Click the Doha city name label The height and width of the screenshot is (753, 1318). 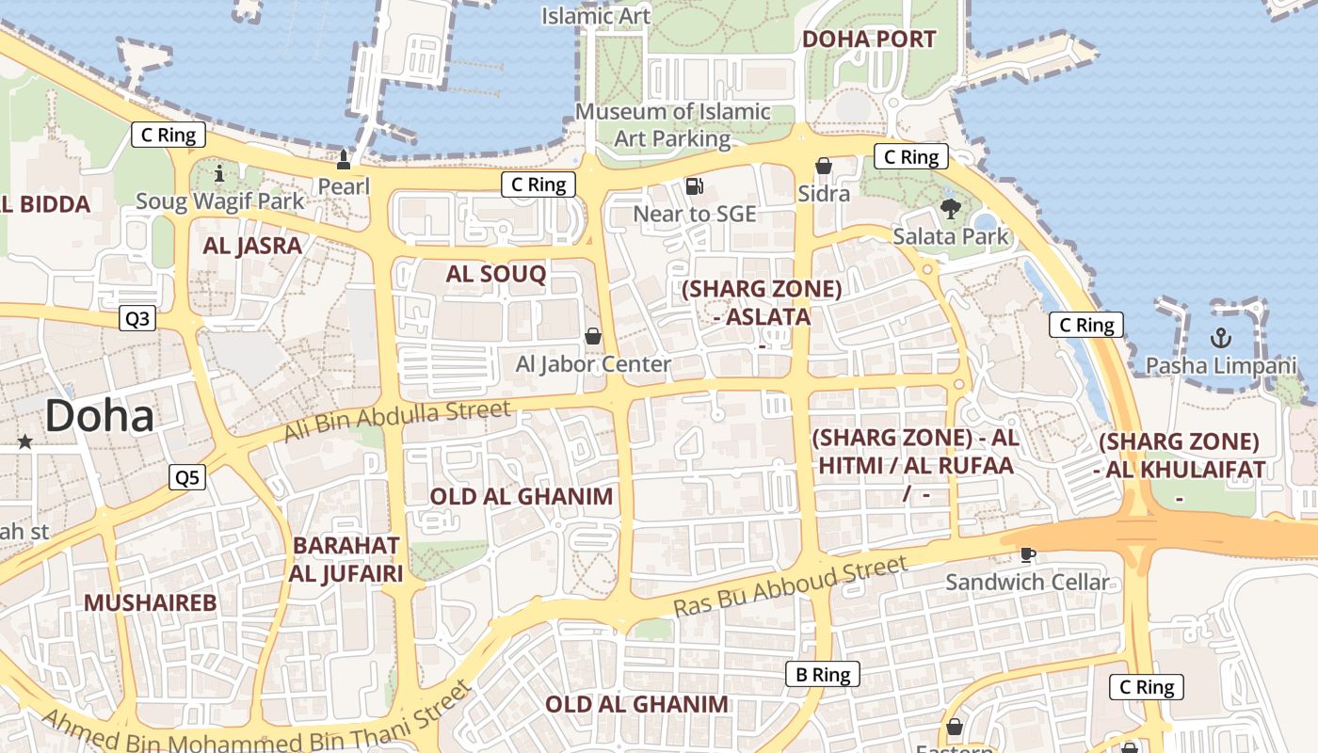99,416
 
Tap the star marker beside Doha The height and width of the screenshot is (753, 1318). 24,441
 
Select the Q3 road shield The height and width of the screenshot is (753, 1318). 137,319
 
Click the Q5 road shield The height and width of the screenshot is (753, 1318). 187,478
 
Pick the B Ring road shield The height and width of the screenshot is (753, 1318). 823,674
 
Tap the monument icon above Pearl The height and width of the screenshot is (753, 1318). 343,159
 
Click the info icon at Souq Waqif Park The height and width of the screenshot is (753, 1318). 220,173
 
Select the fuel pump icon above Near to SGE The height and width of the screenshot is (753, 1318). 694,186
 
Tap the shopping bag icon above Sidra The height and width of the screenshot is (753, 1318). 824,167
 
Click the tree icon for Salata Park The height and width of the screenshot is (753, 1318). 950,208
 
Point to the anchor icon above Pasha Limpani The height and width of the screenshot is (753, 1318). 1221,337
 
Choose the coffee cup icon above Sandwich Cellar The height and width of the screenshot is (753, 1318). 1027,554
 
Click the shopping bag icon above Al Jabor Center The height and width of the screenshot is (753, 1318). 593,335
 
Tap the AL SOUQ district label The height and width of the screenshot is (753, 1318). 496,274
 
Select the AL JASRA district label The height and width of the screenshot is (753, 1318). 253,246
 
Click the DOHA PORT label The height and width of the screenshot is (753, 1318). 868,39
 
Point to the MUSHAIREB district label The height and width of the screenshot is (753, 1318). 151,602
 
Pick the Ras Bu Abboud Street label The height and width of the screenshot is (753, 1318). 791,586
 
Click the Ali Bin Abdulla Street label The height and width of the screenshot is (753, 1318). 397,421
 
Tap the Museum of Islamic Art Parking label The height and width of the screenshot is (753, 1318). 672,124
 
